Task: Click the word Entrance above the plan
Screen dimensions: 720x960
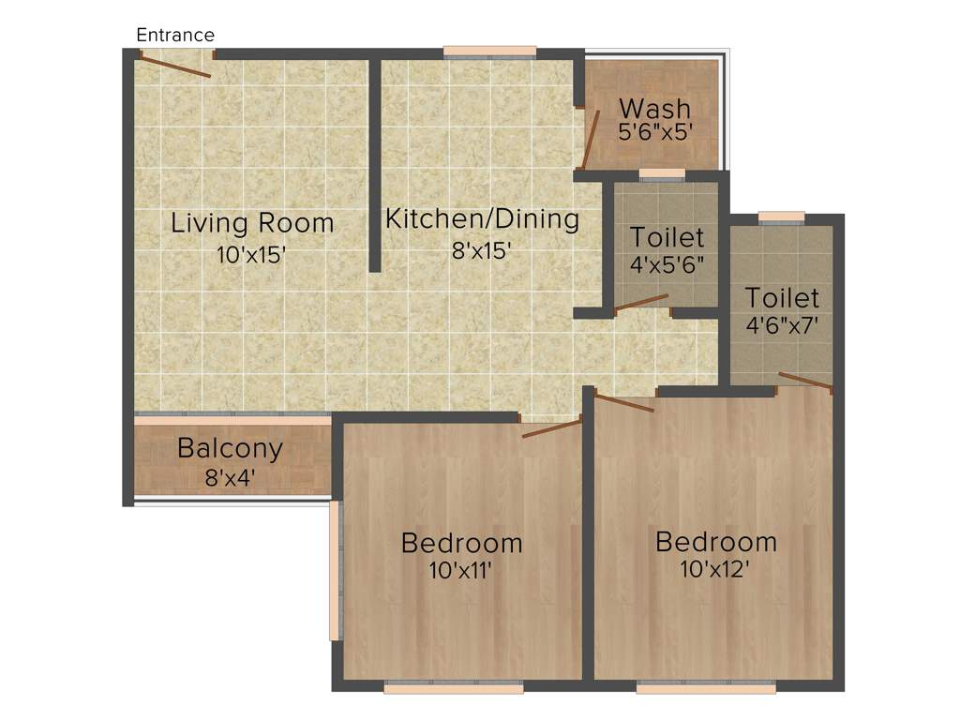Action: (x=175, y=35)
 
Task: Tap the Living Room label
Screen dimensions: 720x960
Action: (x=252, y=223)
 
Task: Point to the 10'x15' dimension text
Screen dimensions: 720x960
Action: (x=250, y=254)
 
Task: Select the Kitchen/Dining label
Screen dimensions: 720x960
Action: (x=483, y=219)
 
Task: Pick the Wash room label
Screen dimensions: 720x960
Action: (x=654, y=108)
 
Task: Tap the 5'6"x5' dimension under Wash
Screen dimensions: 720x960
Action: (x=654, y=132)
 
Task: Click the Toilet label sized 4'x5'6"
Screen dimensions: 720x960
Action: (x=667, y=237)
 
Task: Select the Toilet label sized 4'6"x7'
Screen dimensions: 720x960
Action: (x=782, y=298)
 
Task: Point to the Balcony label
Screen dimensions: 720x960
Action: (x=230, y=448)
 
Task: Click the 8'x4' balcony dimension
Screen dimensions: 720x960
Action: (x=230, y=477)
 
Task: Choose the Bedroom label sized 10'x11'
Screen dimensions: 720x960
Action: (x=461, y=542)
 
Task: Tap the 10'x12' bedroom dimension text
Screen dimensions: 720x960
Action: (x=715, y=569)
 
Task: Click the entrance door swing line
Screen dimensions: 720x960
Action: (x=175, y=67)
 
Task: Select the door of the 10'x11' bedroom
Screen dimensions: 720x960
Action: (x=551, y=429)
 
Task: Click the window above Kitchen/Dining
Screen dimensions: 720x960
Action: (x=489, y=52)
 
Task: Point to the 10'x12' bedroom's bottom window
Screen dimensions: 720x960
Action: (x=706, y=687)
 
